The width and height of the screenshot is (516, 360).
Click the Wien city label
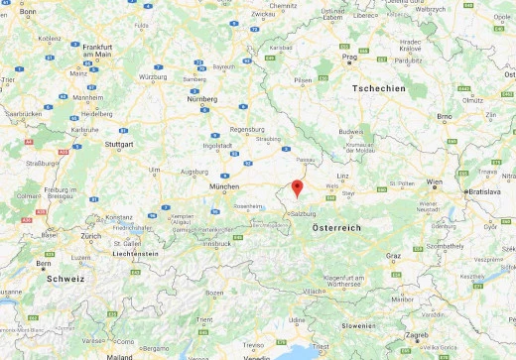[x=435, y=183]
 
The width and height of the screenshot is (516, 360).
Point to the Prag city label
[x=349, y=57]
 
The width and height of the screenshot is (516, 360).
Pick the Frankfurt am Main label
[x=95, y=52]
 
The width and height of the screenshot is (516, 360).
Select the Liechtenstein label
[x=135, y=254]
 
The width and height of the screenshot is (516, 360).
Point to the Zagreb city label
[x=417, y=335]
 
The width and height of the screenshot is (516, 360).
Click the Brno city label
[x=444, y=115]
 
